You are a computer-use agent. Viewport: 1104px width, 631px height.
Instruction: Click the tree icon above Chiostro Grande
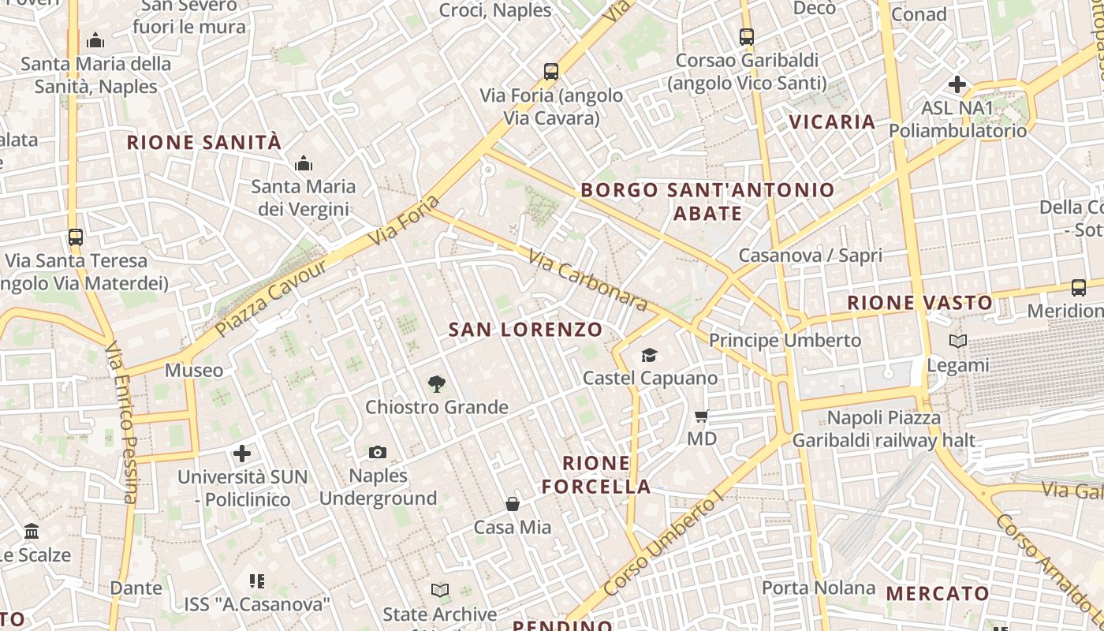point(436,384)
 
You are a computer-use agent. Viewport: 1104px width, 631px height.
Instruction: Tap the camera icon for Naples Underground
point(378,452)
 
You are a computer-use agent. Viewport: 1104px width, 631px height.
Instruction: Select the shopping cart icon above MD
point(702,416)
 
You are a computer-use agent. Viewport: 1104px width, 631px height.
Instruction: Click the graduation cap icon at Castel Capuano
point(649,356)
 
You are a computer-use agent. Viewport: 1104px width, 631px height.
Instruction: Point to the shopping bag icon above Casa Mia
point(513,503)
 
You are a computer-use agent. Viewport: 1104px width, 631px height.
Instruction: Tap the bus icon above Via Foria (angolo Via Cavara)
point(551,72)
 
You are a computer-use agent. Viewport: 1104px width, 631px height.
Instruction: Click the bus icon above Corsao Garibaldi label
point(746,36)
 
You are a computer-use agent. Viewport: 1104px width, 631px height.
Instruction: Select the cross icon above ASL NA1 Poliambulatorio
point(957,84)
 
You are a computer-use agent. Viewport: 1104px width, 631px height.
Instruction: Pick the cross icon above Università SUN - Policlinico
point(242,454)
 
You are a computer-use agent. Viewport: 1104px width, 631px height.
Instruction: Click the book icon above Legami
point(958,342)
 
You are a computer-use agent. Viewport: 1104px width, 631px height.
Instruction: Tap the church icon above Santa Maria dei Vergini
point(304,164)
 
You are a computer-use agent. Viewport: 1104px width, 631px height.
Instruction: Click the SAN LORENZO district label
point(525,330)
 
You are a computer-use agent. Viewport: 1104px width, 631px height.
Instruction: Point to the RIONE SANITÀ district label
point(204,143)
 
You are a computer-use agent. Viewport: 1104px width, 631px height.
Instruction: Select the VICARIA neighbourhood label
point(832,122)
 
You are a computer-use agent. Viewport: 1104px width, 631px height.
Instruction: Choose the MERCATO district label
point(938,594)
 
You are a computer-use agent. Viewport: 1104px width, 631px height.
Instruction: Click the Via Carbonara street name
point(588,281)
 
